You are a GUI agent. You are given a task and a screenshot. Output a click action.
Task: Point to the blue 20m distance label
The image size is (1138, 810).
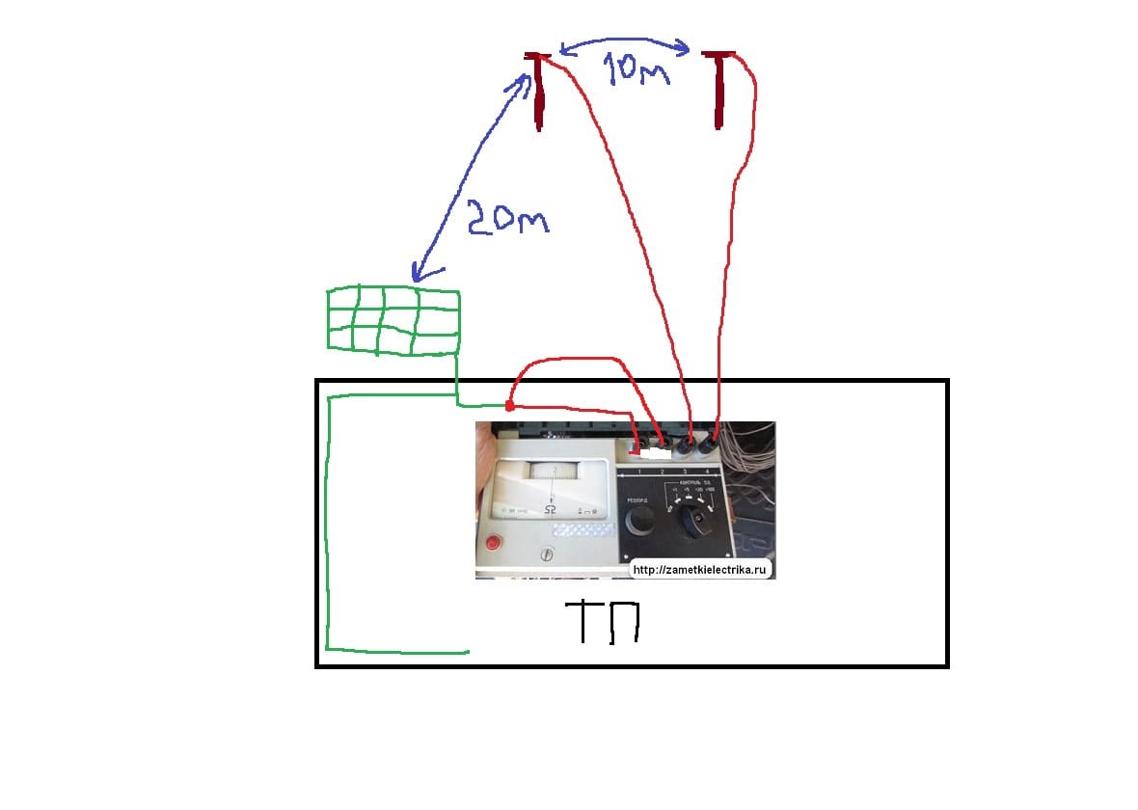tap(506, 219)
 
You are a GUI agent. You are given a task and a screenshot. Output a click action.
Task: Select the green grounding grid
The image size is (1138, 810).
tap(393, 319)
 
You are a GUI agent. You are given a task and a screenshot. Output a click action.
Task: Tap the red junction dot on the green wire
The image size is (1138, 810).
tap(509, 406)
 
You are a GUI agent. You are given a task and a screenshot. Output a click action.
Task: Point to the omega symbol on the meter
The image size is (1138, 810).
tap(551, 508)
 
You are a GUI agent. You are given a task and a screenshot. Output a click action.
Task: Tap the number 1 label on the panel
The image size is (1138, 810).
tap(638, 469)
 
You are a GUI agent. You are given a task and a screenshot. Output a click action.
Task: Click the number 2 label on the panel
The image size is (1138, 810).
tap(663, 469)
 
